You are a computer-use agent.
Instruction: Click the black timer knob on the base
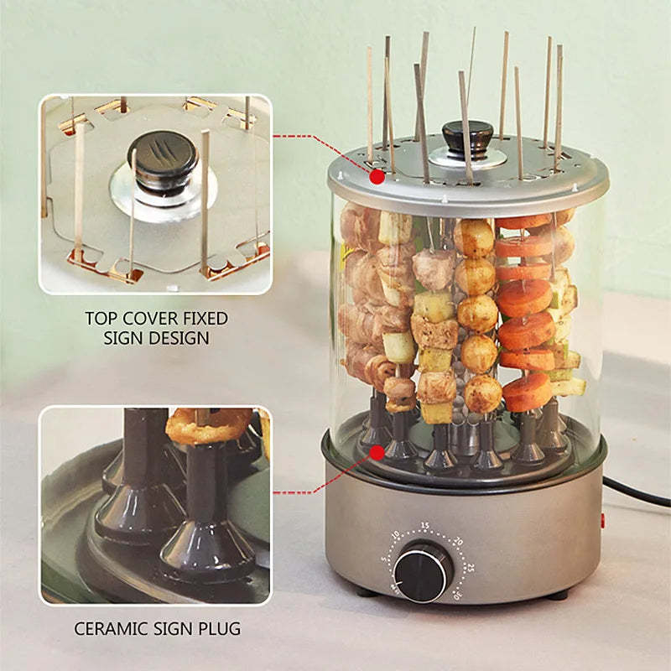pos(424,573)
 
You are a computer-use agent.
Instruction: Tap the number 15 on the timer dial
pos(425,526)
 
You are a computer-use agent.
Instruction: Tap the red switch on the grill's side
pos(602,521)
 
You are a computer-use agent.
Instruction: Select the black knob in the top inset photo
pos(164,159)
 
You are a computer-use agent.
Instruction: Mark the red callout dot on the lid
pos(377,176)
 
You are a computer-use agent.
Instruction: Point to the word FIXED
pos(205,319)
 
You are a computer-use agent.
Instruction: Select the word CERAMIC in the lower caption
pos(112,628)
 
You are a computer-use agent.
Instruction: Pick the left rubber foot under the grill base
pos(365,591)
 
